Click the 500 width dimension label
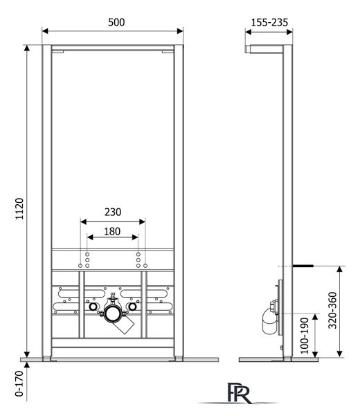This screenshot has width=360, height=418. click(116, 22)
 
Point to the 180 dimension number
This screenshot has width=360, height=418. click(113, 231)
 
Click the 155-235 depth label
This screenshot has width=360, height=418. click(270, 22)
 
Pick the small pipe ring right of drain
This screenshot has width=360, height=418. click(132, 307)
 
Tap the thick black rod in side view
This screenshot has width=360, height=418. click(303, 265)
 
